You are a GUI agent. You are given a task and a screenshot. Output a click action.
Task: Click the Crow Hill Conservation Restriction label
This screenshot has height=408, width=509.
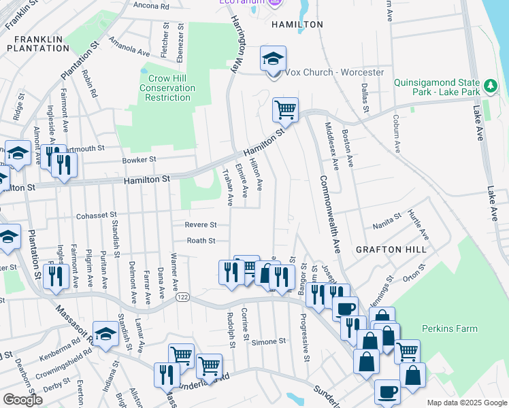(x=167, y=88)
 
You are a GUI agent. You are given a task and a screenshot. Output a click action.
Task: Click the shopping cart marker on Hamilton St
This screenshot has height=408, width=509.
(x=285, y=109)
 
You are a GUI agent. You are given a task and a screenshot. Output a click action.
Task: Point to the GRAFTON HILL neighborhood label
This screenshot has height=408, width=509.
(x=391, y=250)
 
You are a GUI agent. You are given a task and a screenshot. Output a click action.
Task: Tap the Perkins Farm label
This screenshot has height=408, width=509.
(x=450, y=328)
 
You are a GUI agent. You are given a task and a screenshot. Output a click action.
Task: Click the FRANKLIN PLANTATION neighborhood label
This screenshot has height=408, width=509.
(x=39, y=44)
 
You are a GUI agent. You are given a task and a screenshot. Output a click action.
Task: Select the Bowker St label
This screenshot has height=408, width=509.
(x=139, y=160)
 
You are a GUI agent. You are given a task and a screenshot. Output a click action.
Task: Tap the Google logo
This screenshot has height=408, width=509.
(x=23, y=400)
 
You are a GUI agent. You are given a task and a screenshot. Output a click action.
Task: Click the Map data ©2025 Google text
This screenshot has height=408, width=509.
(x=466, y=403)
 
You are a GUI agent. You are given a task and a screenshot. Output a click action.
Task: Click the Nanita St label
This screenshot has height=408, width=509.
(x=389, y=226)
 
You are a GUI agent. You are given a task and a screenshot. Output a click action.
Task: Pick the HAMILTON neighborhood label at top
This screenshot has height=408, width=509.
(x=297, y=24)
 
